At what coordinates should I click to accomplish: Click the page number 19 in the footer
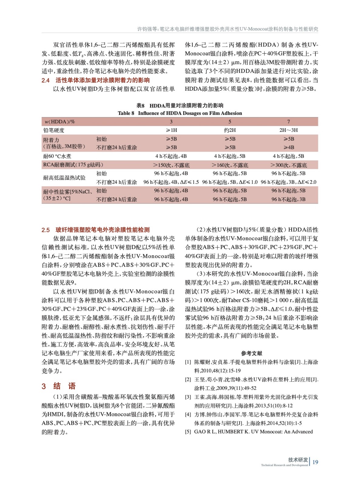click(x=315, y=462)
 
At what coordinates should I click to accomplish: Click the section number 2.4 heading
click(x=45, y=80)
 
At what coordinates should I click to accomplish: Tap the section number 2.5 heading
click(x=45, y=230)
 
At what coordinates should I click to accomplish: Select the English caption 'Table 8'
click(x=126, y=113)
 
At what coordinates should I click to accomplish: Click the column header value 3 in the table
click(x=171, y=122)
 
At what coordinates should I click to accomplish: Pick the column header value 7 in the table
click(x=288, y=122)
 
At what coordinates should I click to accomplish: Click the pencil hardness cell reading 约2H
click(x=230, y=130)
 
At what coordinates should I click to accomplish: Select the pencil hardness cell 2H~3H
click(x=288, y=130)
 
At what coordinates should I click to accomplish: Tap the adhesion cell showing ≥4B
click(x=288, y=148)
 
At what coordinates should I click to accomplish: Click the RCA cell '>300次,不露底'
click(x=288, y=165)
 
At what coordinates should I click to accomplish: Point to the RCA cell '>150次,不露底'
click(x=171, y=165)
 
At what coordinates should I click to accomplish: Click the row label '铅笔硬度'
click(x=54, y=130)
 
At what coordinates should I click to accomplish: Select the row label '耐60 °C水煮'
click(x=57, y=156)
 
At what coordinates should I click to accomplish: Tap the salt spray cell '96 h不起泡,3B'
click(x=288, y=199)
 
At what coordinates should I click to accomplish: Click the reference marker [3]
click(x=188, y=397)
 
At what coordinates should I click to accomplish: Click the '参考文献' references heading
click(x=251, y=353)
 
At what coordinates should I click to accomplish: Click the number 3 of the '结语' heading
click(x=44, y=386)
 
